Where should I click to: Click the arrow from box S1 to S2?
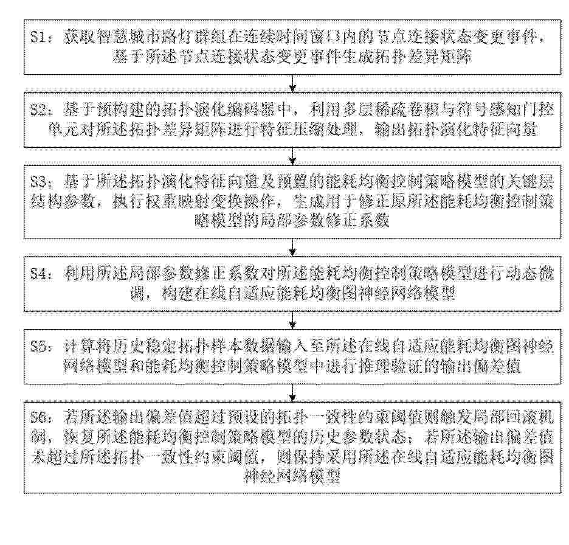(x=292, y=83)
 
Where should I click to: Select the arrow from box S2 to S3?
(x=292, y=156)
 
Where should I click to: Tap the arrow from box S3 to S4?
(x=292, y=248)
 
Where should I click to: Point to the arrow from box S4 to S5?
(x=292, y=320)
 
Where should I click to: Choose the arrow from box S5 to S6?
(x=292, y=392)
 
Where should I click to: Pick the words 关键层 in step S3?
(x=530, y=181)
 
